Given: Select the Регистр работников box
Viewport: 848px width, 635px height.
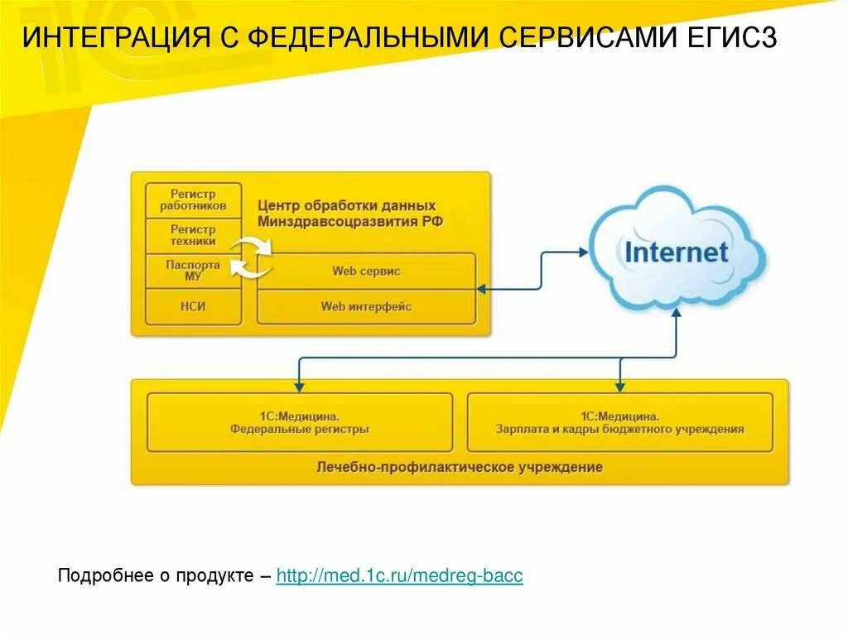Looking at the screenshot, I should pyautogui.click(x=193, y=200).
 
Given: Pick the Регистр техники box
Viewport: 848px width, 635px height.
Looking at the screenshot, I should pyautogui.click(x=193, y=236).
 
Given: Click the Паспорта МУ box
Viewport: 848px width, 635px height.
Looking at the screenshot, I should pyautogui.click(x=193, y=271).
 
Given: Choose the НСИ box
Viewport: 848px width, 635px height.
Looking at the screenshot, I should pyautogui.click(x=193, y=306).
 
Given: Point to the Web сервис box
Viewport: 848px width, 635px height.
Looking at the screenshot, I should pyautogui.click(x=366, y=271).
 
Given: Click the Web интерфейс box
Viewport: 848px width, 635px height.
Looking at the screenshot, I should pyautogui.click(x=366, y=306).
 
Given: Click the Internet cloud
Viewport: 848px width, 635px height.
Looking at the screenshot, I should pyautogui.click(x=677, y=251).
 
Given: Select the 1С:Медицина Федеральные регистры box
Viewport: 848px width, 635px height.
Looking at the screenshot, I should pyautogui.click(x=300, y=422).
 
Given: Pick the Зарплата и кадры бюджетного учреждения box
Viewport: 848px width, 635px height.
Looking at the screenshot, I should pyautogui.click(x=619, y=422).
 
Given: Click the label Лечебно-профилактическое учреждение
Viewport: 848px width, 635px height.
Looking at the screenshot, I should pyautogui.click(x=460, y=467).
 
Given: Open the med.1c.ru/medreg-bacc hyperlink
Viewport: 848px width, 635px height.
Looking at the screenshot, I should pyautogui.click(x=399, y=575).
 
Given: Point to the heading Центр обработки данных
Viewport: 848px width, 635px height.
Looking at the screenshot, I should pyautogui.click(x=346, y=205).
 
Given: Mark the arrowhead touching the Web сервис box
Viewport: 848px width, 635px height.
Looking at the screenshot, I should pyautogui.click(x=481, y=288).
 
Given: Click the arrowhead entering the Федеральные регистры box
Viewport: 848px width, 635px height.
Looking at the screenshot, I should pyautogui.click(x=299, y=386).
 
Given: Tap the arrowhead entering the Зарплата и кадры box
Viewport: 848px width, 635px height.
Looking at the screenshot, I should pyautogui.click(x=619, y=386).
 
